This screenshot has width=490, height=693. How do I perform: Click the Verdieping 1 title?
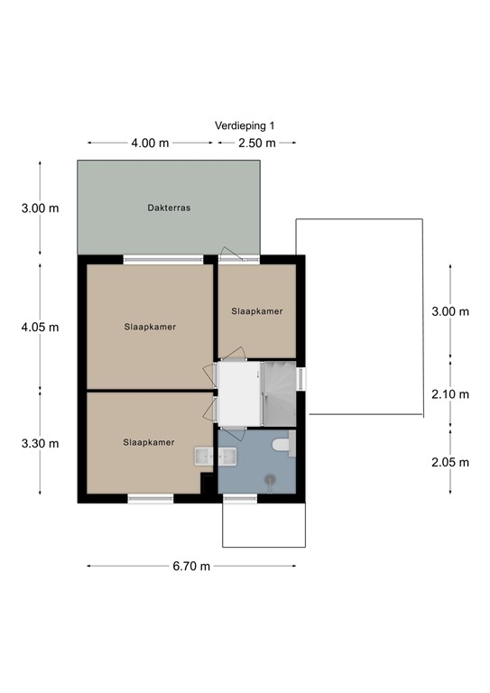pyautogui.click(x=245, y=126)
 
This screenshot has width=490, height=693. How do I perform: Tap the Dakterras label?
pyautogui.click(x=169, y=208)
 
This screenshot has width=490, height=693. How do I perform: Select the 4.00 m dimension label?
pyautogui.click(x=150, y=143)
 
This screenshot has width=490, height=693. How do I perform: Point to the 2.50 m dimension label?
pyautogui.click(x=256, y=143)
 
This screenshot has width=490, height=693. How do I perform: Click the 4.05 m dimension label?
pyautogui.click(x=40, y=328)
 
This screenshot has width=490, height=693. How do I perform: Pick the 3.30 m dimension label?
pyautogui.click(x=40, y=443)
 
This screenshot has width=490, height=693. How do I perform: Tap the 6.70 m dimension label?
pyautogui.click(x=191, y=566)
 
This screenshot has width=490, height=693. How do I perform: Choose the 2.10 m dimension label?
pyautogui.click(x=450, y=394)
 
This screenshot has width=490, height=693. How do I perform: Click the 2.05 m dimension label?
pyautogui.click(x=450, y=462)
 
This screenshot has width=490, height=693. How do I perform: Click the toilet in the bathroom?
pyautogui.click(x=283, y=444)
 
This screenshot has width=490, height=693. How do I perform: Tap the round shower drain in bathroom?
pyautogui.click(x=270, y=477)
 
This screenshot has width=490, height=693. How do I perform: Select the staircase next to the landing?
pyautogui.click(x=279, y=393)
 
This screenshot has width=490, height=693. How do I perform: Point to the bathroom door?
pyautogui.click(x=232, y=432)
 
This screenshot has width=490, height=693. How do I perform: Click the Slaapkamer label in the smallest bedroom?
pyautogui.click(x=256, y=311)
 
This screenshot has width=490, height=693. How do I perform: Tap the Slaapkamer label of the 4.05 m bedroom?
pyautogui.click(x=150, y=327)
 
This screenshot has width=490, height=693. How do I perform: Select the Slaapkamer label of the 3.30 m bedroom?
pyautogui.click(x=149, y=442)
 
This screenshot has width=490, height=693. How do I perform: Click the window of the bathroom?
pyautogui.click(x=240, y=498)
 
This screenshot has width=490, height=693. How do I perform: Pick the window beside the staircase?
pyautogui.click(x=300, y=379)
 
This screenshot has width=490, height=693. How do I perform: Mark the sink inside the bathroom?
pyautogui.click(x=227, y=456)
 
